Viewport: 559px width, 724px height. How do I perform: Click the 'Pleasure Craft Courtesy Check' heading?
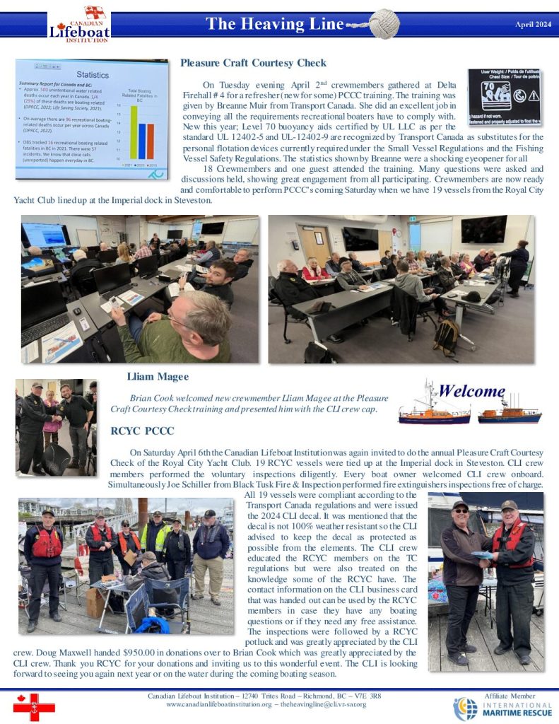click(253, 63)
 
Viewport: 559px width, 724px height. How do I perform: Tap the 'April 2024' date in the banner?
click(534, 25)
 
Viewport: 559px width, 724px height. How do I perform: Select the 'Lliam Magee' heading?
click(158, 377)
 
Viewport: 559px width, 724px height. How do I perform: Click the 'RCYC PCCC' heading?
click(143, 431)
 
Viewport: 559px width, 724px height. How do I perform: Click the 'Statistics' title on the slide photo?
click(92, 74)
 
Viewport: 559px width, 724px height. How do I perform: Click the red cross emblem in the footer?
click(34, 707)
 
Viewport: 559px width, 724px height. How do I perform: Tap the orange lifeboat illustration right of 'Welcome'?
click(509, 414)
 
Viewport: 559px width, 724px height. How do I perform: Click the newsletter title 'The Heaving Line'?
click(274, 24)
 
